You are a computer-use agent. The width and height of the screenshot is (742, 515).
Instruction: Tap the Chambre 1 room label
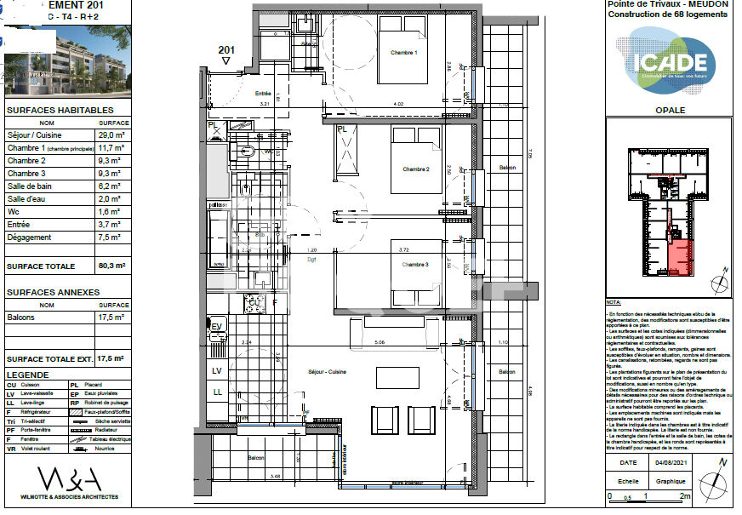pyautogui.click(x=403, y=53)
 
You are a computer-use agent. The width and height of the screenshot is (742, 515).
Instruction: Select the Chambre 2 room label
pyautogui.click(x=415, y=169)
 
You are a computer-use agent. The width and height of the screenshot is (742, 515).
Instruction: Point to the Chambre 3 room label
pyautogui.click(x=415, y=264)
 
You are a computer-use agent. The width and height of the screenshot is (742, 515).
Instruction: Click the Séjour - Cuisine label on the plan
pyautogui.click(x=328, y=372)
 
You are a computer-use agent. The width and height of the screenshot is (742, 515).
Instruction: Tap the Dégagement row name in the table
pyautogui.click(x=30, y=237)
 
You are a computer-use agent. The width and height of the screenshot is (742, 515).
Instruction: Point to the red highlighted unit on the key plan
pyautogui.click(x=678, y=255)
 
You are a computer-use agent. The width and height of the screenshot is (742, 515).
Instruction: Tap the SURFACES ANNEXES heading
pyautogui.click(x=53, y=292)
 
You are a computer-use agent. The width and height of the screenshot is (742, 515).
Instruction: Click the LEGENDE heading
pyautogui.click(x=28, y=374)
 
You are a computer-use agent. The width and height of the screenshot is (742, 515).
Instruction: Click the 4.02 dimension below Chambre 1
pyautogui.click(x=397, y=105)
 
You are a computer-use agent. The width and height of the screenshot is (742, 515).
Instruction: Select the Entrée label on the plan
pyautogui.click(x=262, y=93)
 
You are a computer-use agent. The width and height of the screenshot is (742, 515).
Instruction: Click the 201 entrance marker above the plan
pyautogui.click(x=225, y=51)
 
